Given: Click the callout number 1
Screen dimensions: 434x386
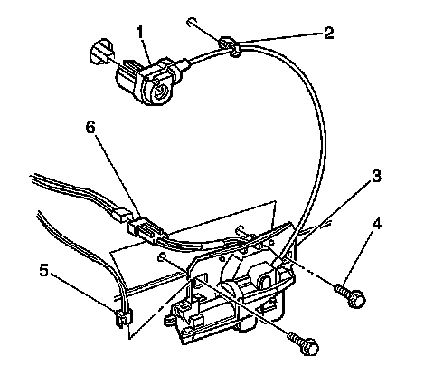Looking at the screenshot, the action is (140, 33).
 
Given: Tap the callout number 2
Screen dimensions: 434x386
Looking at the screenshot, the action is (329, 33).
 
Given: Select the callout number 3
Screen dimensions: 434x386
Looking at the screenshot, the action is (376, 176).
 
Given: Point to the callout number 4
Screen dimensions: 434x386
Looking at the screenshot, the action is (376, 224).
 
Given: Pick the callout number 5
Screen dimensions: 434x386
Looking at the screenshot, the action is (44, 271).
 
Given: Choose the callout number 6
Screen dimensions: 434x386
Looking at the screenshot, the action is (90, 128).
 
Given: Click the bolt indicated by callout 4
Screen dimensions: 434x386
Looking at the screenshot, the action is (350, 294).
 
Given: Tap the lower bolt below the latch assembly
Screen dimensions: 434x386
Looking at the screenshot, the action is (303, 343).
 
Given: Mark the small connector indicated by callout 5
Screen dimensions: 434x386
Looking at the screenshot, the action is (123, 318).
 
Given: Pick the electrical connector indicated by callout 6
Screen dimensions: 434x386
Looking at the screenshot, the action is (147, 230).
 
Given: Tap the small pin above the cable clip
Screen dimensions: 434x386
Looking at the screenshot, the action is (192, 22).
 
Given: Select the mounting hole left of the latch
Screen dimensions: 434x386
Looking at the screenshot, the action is (162, 257).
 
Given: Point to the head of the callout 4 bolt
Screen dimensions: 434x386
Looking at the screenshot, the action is (357, 299).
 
